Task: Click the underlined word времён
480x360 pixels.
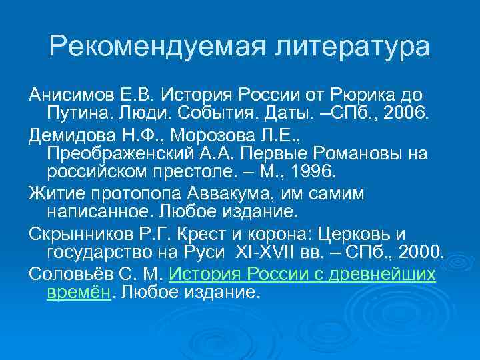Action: click(x=77, y=292)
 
